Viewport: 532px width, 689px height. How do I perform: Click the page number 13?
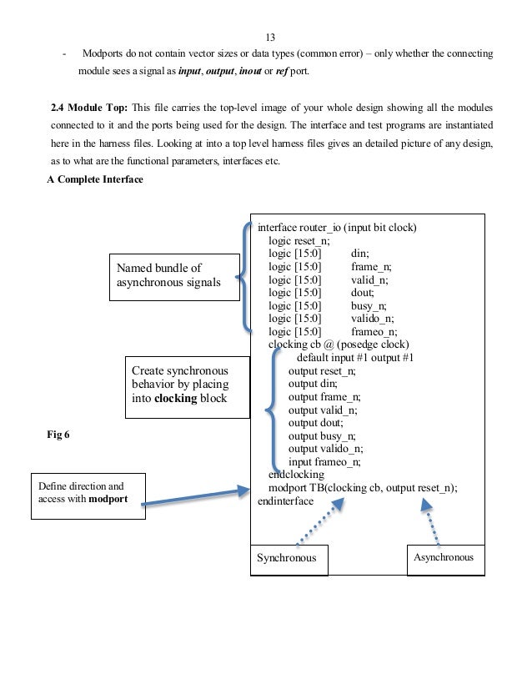(269, 38)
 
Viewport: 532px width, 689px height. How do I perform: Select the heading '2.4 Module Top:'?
(88, 109)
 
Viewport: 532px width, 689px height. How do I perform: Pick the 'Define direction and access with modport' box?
(88, 495)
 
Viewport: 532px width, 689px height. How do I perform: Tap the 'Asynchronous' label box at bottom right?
(444, 557)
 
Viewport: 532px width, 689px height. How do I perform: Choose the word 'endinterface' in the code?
(285, 501)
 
